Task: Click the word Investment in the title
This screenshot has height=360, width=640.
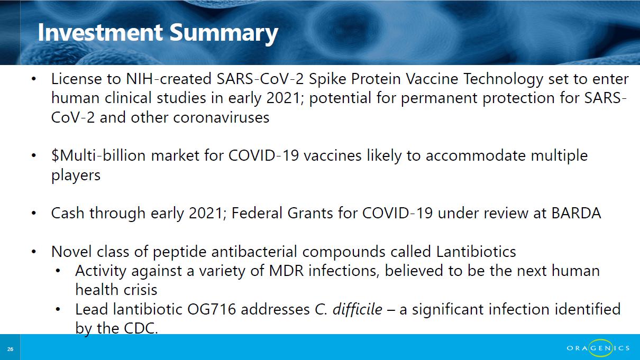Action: pyautogui.click(x=100, y=32)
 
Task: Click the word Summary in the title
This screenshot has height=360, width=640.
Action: pyautogui.click(x=224, y=34)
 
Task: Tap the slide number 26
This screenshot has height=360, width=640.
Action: pyautogui.click(x=10, y=349)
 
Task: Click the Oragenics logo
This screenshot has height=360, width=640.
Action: pyautogui.click(x=598, y=348)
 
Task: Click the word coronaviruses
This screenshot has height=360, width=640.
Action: pyautogui.click(x=221, y=117)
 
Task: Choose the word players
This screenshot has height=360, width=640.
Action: pyautogui.click(x=76, y=175)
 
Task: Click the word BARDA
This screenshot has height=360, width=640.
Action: pyautogui.click(x=576, y=213)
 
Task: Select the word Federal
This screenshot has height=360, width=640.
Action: pyautogui.click(x=257, y=213)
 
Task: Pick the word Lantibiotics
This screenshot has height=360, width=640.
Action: pyautogui.click(x=476, y=252)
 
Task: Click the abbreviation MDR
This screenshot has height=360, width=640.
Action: pyautogui.click(x=286, y=271)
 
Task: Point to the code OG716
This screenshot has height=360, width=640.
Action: pyautogui.click(x=212, y=309)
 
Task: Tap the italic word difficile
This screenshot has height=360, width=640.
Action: pyautogui.click(x=358, y=309)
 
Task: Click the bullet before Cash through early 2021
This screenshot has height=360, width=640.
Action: pyautogui.click(x=34, y=213)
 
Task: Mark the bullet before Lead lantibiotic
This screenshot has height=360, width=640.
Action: pyautogui.click(x=58, y=309)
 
